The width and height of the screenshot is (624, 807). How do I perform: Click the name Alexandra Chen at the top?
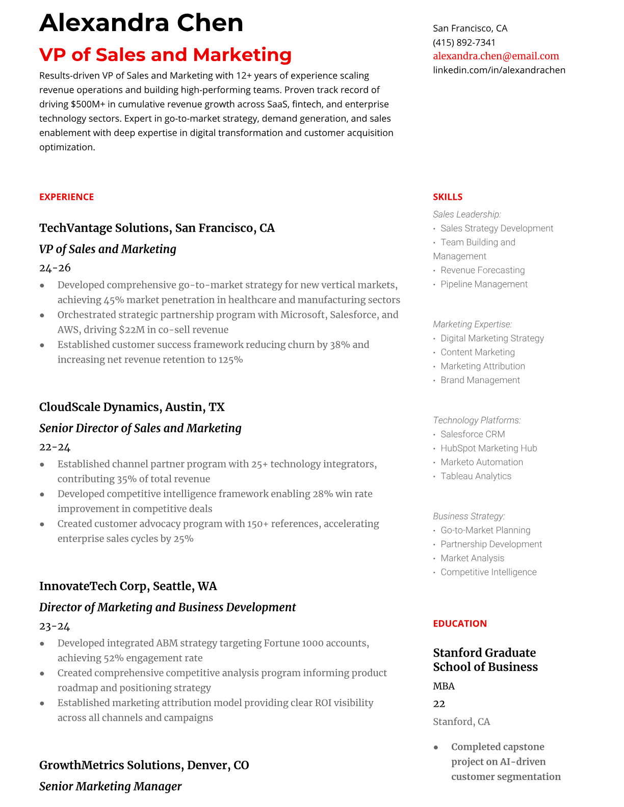coord(141,23)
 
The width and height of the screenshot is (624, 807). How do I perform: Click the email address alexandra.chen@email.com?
coord(496,56)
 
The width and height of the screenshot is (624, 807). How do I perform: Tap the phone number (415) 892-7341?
coord(464,42)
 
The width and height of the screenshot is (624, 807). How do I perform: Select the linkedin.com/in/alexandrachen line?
coord(499,70)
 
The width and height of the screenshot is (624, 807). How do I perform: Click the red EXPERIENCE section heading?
coord(66,197)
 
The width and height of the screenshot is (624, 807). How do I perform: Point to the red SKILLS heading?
coord(447,197)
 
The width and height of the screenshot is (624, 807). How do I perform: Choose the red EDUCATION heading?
coord(459,624)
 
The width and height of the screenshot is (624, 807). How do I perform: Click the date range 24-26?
coord(55,268)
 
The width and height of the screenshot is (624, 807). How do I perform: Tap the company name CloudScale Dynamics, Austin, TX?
coord(132,407)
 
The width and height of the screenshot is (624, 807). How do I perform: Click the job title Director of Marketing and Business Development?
coord(167,607)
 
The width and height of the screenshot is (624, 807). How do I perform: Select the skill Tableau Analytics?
coord(476,476)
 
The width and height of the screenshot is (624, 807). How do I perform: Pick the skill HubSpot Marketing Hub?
coord(488,448)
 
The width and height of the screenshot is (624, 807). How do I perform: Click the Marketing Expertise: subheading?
coord(472,324)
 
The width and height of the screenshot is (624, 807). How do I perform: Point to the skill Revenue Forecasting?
coord(482,270)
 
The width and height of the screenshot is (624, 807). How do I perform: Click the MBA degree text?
coord(444,686)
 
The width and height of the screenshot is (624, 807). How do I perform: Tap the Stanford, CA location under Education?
coord(461,721)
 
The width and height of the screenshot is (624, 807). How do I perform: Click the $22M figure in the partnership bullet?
coord(132,330)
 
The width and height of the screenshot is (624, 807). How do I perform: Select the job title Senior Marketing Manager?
coord(110,786)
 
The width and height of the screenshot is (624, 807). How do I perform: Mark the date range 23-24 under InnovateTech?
coord(55,626)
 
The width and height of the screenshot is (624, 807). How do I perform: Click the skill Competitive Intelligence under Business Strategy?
coord(488,572)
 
